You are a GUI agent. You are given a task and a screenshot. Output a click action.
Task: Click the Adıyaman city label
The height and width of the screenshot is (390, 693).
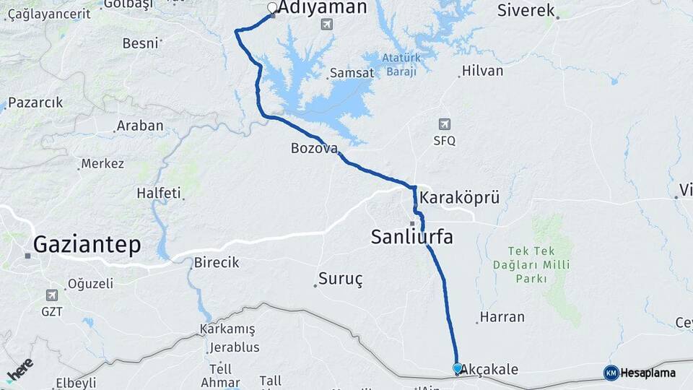pyautogui.click(x=322, y=8)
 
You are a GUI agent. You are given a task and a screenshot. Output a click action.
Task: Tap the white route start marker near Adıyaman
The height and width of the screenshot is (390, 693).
pyautogui.click(x=272, y=8)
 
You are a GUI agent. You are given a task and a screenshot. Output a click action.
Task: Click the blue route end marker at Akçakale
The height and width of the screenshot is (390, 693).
pyautogui.click(x=457, y=368)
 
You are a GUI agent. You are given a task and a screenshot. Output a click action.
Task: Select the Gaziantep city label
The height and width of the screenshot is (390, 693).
pyautogui.click(x=87, y=244)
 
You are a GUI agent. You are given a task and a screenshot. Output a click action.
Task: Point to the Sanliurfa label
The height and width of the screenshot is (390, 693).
pyautogui.click(x=411, y=236)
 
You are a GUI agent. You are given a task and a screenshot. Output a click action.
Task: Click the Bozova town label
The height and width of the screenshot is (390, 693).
pyautogui.click(x=314, y=148)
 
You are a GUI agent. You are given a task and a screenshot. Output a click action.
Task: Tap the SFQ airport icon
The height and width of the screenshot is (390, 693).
pyautogui.click(x=445, y=124)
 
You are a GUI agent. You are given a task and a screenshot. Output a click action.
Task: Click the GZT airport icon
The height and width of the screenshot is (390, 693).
pyautogui.click(x=51, y=295)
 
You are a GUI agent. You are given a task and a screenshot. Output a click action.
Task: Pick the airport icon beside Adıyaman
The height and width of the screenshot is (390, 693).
pyautogui.click(x=326, y=25)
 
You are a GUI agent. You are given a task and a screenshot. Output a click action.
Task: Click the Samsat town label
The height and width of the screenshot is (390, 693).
pyautogui.click(x=352, y=73)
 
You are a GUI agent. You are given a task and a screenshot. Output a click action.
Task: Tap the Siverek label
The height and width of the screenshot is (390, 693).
pyautogui.click(x=526, y=10)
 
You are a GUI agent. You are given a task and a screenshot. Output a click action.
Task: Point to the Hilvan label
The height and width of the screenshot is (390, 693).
pyautogui.click(x=482, y=71)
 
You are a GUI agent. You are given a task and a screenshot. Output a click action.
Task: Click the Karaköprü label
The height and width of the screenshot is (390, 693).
pyautogui.click(x=459, y=198)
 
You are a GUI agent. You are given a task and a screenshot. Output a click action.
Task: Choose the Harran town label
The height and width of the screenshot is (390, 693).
pyautogui.click(x=502, y=317)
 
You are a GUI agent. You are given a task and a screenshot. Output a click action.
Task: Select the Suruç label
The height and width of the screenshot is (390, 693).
pyautogui.click(x=340, y=278)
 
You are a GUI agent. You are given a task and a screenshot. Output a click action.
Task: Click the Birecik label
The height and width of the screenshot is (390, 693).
pyautogui.click(x=216, y=262)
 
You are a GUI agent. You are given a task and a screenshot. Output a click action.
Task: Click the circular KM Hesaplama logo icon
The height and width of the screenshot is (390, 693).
pyautogui.click(x=611, y=373)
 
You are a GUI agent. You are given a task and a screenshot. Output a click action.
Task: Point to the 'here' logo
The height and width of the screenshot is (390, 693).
pyautogui.click(x=20, y=369)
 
